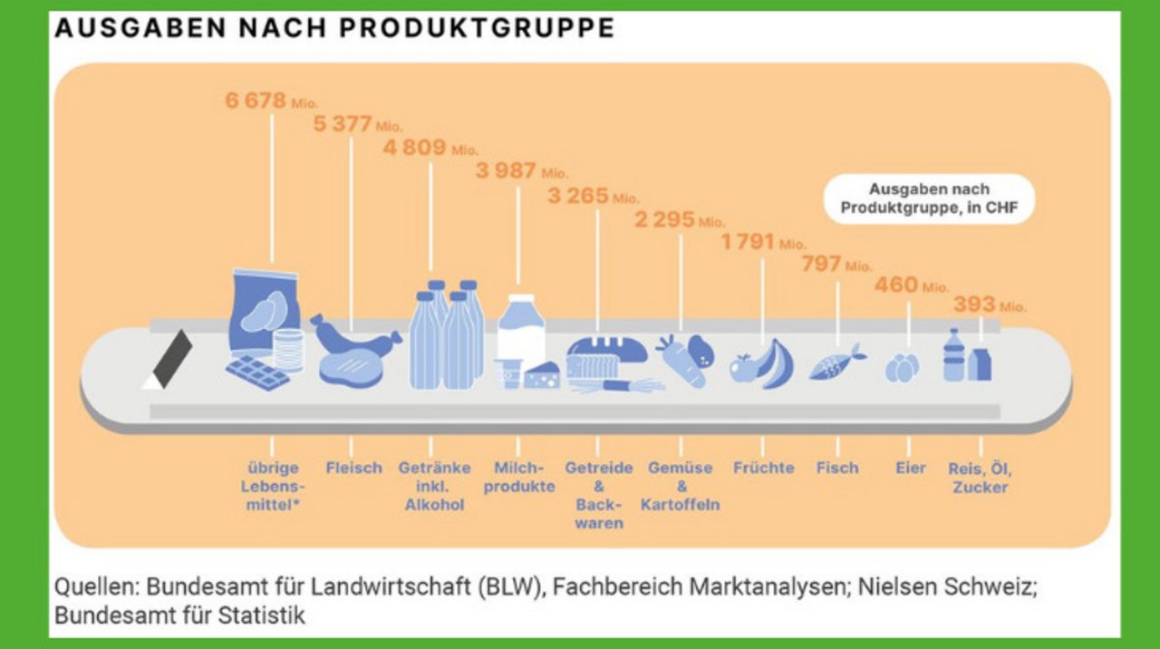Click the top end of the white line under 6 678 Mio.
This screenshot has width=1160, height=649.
(273, 115)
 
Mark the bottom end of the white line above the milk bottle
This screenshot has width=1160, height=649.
(517, 285)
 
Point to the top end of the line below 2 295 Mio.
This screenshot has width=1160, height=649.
(681, 235)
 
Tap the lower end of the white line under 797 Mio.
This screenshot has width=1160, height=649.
(837, 346)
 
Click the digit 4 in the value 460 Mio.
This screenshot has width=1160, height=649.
(881, 285)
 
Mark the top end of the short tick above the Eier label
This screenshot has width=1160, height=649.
(909, 438)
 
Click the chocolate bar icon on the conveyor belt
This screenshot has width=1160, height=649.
(257, 372)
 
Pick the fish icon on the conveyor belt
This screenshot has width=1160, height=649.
(836, 362)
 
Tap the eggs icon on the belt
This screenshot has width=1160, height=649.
(902, 368)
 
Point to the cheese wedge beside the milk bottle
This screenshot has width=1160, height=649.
(542, 375)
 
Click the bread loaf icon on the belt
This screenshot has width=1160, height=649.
(606, 357)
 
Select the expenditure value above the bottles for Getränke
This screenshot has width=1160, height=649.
(430, 148)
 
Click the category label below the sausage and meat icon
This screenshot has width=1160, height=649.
(353, 468)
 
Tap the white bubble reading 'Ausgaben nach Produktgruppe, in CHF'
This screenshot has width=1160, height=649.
(929, 199)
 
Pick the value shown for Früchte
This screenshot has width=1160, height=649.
(763, 242)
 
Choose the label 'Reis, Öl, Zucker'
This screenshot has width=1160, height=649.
(980, 478)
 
